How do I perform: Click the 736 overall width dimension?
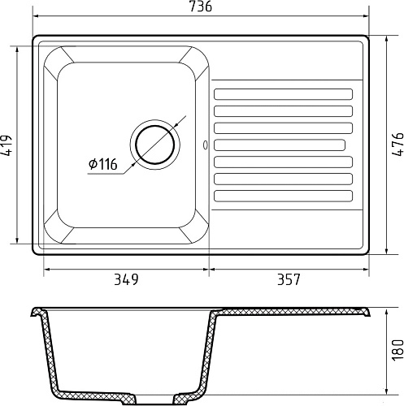tap(201, 6)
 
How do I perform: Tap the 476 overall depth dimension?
tap(397, 145)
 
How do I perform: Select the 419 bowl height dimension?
tap(6, 145)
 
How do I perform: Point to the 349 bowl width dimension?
tap(126, 279)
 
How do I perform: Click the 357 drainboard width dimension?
tap(289, 279)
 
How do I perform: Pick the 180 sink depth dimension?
tap(397, 350)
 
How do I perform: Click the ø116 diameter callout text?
tap(103, 164)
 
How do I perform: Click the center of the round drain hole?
tap(155, 145)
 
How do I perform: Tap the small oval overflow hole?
tap(206, 145)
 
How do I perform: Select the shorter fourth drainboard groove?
tap(280, 145)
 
